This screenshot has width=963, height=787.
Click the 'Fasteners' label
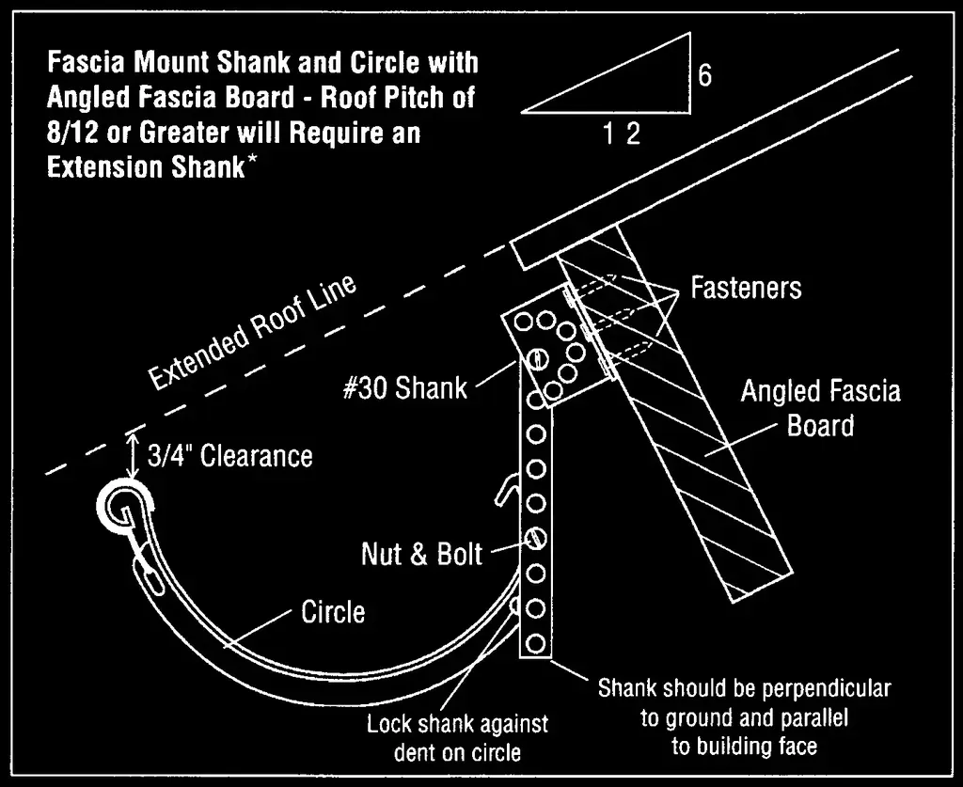pos(746,287)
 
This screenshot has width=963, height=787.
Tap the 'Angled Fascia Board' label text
pos(820,408)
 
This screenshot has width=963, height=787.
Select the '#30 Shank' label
pos(404,388)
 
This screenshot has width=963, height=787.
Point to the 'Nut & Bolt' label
pos(421,554)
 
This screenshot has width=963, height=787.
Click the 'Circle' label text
pos(333,613)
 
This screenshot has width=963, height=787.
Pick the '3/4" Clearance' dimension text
pos(230,456)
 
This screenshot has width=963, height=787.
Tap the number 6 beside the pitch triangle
pos(704,75)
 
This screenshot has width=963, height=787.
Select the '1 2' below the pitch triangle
pos(622,134)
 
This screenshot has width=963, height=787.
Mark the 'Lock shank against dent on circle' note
pos(457,738)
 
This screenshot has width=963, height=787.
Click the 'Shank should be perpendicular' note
pos(744,688)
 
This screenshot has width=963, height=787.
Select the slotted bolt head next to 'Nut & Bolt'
pos(535,538)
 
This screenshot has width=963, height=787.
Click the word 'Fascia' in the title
pos(87,63)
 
